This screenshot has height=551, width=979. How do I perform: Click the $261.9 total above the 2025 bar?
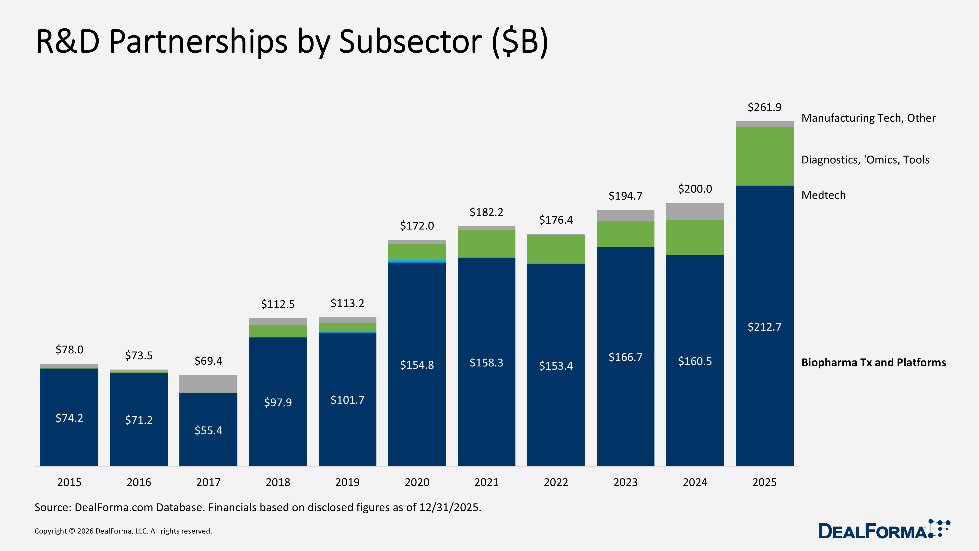(764, 107)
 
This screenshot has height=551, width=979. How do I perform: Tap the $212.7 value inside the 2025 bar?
(764, 327)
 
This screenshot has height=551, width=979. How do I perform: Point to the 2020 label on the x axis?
(417, 482)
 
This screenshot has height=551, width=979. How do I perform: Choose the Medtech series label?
(823, 195)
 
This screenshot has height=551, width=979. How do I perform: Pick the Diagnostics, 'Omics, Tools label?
(865, 160)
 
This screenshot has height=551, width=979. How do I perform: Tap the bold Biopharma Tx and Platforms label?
(873, 362)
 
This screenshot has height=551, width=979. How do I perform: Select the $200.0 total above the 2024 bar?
(695, 189)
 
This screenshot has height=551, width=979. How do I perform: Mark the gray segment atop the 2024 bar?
(695, 211)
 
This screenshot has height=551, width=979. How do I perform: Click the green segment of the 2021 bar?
(486, 243)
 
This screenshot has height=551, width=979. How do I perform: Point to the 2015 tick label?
(69, 482)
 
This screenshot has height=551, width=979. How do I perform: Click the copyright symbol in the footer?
(72, 531)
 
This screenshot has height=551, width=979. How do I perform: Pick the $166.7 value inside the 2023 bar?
(625, 357)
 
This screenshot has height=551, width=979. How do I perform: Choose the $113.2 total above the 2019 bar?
(347, 303)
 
